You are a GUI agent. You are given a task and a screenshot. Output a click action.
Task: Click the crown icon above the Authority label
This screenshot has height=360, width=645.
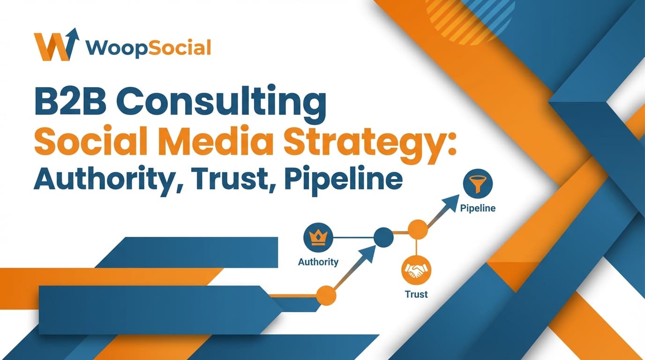[x=318, y=237]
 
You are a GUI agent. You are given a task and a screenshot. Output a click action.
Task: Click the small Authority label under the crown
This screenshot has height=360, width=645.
[x=318, y=262]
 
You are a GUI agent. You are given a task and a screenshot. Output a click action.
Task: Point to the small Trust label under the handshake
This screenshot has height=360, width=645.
[x=416, y=294]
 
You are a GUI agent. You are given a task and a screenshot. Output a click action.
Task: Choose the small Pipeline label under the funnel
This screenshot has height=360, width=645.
[x=478, y=208]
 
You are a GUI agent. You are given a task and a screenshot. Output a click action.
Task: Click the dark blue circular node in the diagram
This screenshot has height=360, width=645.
[x=383, y=237]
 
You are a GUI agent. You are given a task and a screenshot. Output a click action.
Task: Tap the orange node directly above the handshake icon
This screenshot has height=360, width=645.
[x=417, y=230]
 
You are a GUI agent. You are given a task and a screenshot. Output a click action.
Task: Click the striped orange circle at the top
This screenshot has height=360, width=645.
[x=469, y=16]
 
